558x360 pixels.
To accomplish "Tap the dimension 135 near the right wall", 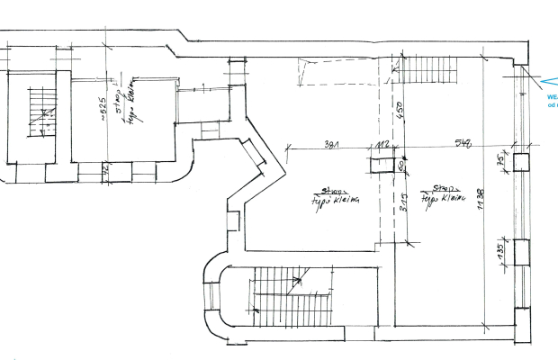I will pos(500,253).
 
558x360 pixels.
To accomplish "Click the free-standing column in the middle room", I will pos(384,164).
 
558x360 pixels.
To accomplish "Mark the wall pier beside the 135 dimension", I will pos(522,253).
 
